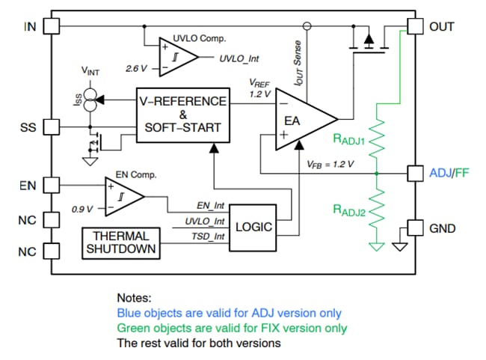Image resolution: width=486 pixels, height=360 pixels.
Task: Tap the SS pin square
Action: tap(51, 127)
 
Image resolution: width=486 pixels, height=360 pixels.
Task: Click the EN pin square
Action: tap(51, 184)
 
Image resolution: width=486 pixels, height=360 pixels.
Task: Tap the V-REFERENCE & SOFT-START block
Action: tap(182, 114)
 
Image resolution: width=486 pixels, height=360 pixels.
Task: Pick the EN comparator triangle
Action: tap(122, 197)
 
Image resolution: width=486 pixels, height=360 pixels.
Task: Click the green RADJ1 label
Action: tap(349, 138)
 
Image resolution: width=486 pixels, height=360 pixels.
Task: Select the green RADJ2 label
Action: tap(349, 210)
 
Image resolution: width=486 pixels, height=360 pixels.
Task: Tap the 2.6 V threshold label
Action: tap(137, 68)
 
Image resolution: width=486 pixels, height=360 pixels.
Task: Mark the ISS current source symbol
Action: tap(91, 98)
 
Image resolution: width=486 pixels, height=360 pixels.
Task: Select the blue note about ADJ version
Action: tap(229, 313)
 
